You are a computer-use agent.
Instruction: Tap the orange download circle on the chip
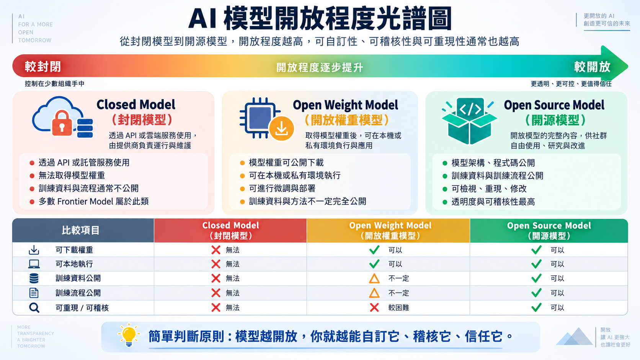[x=281, y=129]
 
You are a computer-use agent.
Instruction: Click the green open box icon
[x=469, y=121]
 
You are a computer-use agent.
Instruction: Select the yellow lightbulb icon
[x=129, y=335]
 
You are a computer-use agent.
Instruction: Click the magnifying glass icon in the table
[x=34, y=308]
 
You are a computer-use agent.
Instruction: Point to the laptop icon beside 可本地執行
[x=34, y=264]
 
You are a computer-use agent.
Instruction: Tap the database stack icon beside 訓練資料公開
[x=34, y=279]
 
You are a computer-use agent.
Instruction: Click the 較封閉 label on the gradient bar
[x=43, y=67]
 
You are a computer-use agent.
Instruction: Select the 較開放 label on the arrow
[x=592, y=67]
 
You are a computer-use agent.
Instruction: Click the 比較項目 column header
[x=80, y=230]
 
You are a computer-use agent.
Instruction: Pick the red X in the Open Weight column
[x=374, y=308]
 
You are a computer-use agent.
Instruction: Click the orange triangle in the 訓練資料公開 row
[x=374, y=279]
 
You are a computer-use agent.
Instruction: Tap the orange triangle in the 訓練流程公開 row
[x=374, y=293]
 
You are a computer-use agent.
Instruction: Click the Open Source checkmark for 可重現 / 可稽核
[x=536, y=308]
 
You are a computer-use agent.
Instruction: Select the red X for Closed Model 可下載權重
[x=216, y=250]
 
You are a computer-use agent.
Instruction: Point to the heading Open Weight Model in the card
[x=345, y=105]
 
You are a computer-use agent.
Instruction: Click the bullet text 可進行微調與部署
[x=282, y=189]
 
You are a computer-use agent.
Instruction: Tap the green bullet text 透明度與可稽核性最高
[x=493, y=202]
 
